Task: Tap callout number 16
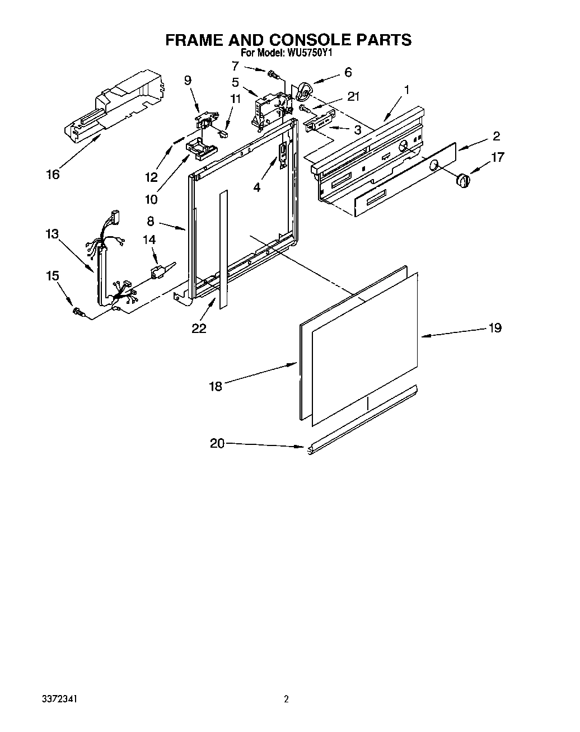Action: [x=53, y=175]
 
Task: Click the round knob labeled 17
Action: [x=462, y=181]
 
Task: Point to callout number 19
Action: [x=494, y=328]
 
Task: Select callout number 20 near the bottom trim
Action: [x=217, y=443]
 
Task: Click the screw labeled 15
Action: [x=78, y=312]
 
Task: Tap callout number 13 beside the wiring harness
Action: [x=52, y=233]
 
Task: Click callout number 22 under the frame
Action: [x=199, y=329]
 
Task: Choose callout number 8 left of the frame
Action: [x=151, y=221]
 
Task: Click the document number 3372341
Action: [x=59, y=699]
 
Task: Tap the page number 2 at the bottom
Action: [x=286, y=699]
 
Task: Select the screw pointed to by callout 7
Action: [x=274, y=73]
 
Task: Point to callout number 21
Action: [x=353, y=96]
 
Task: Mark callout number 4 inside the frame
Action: [x=256, y=187]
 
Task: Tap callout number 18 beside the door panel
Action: [x=216, y=386]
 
